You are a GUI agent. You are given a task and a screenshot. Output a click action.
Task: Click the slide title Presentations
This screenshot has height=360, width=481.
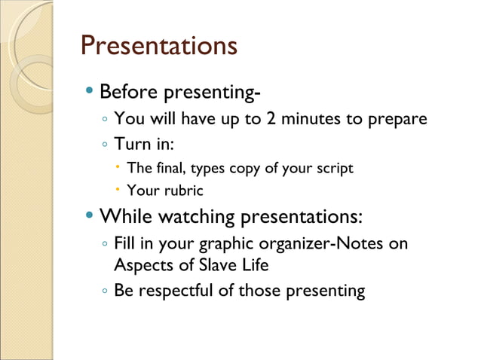tap(158, 45)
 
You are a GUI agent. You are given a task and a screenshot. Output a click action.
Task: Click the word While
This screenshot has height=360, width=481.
tap(126, 217)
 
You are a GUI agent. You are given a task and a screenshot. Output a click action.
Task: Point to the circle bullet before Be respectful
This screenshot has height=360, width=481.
tap(105, 291)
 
